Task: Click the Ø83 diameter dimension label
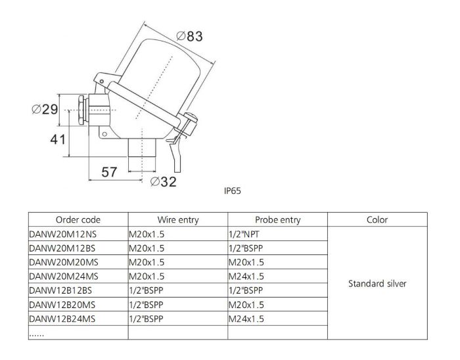[189, 37]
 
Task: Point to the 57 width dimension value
[109, 172]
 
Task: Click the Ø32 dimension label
[164, 182]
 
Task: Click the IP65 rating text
[233, 192]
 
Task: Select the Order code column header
[78, 220]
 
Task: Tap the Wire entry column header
[178, 220]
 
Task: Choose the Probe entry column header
[277, 220]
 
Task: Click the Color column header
[377, 220]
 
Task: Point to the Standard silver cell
[377, 284]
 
